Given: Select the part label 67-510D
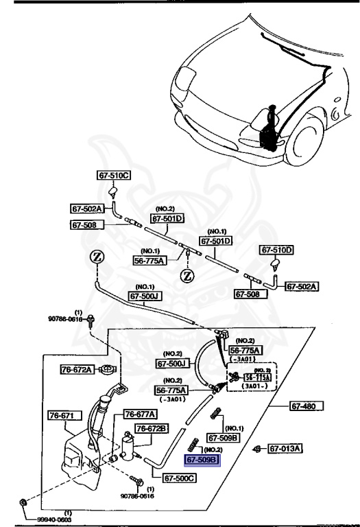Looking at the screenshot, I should tap(276, 250).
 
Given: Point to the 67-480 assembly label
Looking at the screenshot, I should tap(307, 407).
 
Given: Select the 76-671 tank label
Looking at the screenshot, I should tap(65, 416).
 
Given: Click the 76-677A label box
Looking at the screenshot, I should tap(139, 414).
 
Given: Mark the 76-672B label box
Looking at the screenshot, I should tap(152, 429).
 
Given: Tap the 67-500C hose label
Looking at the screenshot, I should tap(180, 478).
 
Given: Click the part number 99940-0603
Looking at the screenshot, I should tap(55, 519).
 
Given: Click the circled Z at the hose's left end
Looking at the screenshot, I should tap(97, 259).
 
